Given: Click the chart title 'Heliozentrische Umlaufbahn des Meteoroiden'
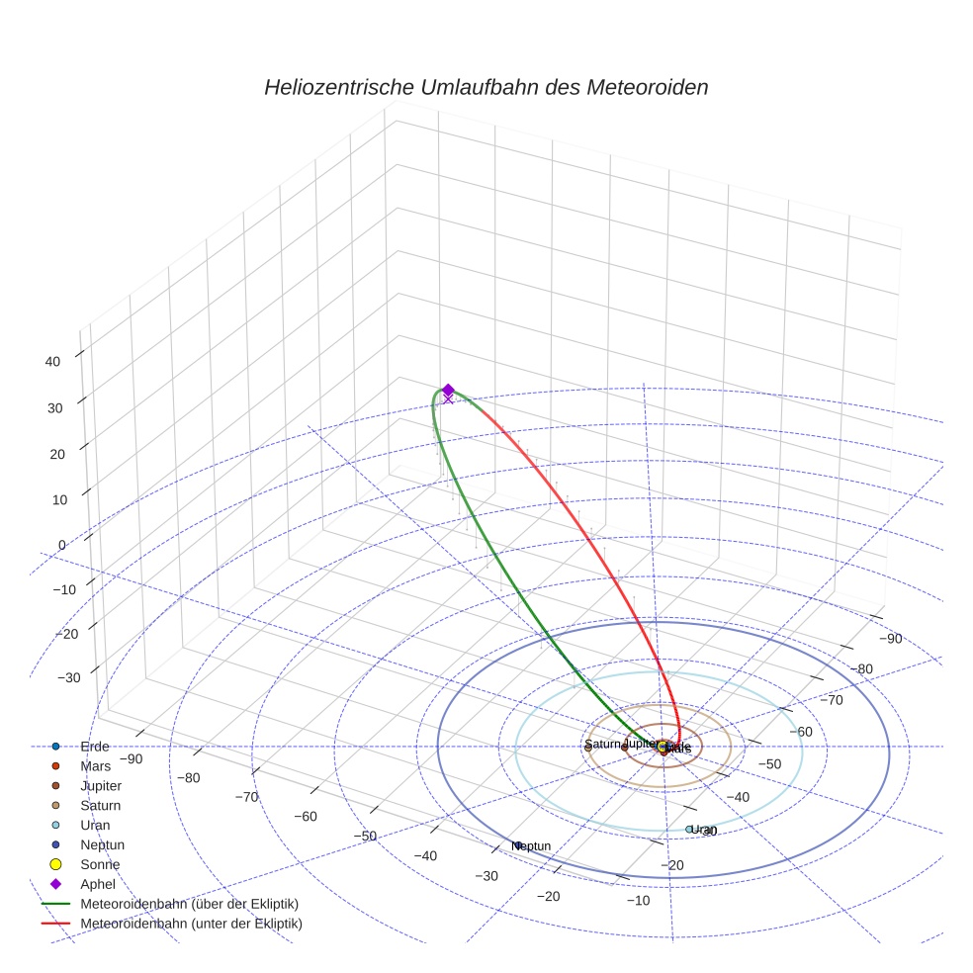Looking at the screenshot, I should coord(486,87).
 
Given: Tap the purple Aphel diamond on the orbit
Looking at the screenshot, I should coord(448,391).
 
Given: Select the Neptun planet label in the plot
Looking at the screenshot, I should coord(533,846).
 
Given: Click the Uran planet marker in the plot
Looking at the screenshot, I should coord(689,830).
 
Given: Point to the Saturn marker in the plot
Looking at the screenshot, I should coord(588,748).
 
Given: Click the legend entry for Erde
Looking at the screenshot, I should coord(95,747).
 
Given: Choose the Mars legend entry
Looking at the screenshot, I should coord(95,766).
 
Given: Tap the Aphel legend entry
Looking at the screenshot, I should coord(98,884).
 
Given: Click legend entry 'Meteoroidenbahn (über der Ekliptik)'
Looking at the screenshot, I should coord(189,904).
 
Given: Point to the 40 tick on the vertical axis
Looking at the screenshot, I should coord(53,362).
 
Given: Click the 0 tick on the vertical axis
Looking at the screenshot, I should coord(61,545).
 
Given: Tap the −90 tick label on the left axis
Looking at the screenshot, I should coord(131,759).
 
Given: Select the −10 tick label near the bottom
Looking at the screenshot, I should coord(637,900).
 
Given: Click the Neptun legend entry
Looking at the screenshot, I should coord(102,844).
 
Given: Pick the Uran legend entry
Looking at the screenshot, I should coord(95,825).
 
